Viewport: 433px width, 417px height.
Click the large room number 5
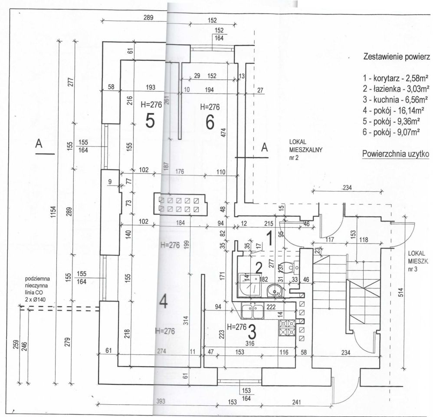[x=150, y=122]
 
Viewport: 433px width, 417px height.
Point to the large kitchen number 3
[x=252, y=333]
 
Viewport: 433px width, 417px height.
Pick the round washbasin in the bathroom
[x=274, y=290]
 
